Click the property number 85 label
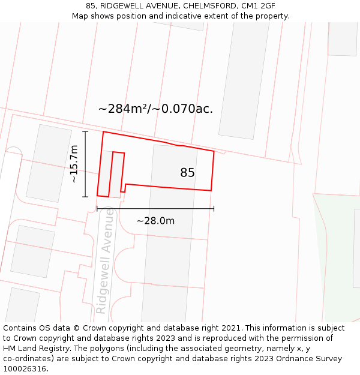tap(187, 173)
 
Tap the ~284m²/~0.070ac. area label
tap(155, 109)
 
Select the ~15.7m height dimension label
tap(74, 164)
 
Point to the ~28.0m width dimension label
tap(155, 221)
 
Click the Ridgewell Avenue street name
tap(104, 260)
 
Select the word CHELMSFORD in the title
tap(210, 6)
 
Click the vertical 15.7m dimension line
tap(85, 164)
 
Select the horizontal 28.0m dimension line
tap(155, 209)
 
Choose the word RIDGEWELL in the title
tap(123, 6)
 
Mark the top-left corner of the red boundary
tap(103, 131)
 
